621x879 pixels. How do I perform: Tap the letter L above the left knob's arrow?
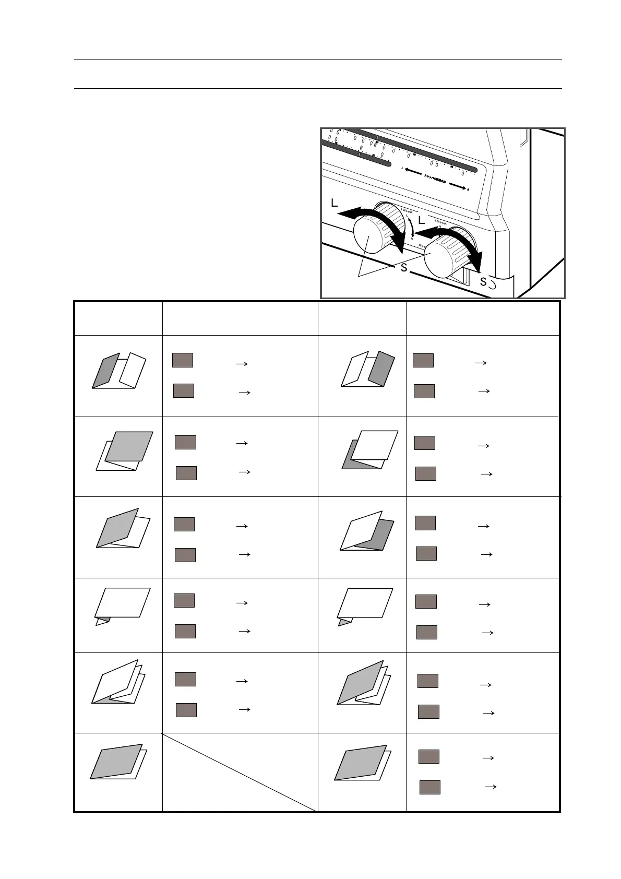(334, 204)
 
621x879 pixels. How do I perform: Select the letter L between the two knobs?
(421, 220)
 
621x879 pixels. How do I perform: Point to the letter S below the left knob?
(403, 268)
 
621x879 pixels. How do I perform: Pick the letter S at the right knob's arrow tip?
(483, 282)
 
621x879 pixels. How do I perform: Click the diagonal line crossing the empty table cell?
(240, 772)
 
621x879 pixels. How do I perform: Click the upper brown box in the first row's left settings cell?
(183, 360)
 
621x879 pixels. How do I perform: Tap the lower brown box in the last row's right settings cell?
(430, 787)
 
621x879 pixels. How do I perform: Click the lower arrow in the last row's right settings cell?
(491, 786)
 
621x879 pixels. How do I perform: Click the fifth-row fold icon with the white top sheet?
(118, 682)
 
